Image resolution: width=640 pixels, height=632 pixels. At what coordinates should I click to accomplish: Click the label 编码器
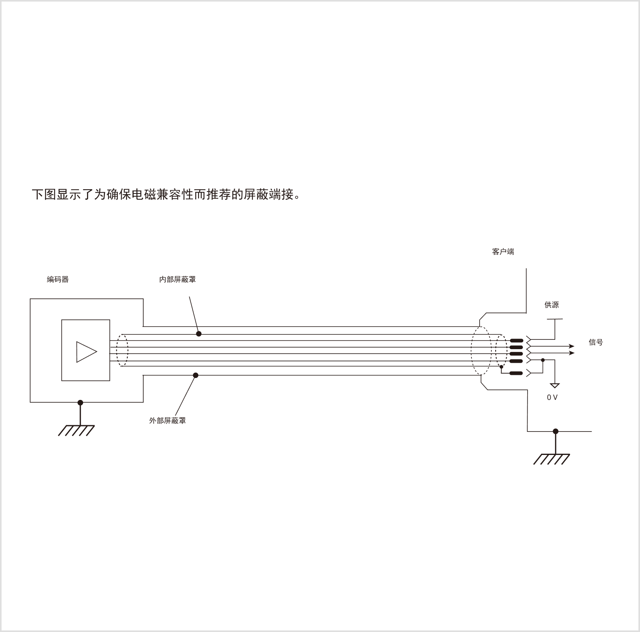(58, 279)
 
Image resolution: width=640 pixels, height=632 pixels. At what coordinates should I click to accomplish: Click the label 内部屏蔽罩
(178, 279)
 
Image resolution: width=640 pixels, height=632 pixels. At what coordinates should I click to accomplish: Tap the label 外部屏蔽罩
(167, 421)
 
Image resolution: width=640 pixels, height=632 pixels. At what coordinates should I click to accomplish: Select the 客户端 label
(503, 252)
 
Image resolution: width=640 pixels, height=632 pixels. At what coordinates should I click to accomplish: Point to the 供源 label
(552, 305)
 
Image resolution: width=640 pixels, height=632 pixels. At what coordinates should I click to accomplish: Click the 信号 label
(596, 342)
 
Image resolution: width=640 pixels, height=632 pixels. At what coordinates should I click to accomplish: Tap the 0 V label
(552, 398)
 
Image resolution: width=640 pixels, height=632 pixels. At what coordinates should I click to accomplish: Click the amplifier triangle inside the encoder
(86, 352)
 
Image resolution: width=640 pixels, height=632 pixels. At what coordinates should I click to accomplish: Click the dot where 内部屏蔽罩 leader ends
(199, 334)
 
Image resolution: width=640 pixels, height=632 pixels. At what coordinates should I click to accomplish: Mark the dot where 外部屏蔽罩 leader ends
(196, 375)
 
